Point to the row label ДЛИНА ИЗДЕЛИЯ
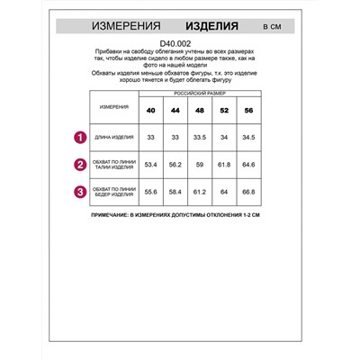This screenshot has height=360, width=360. tap(114, 138)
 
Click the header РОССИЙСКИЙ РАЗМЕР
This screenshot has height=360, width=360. tap(202, 94)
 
